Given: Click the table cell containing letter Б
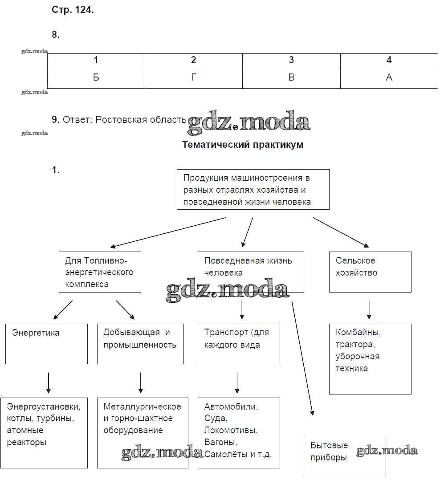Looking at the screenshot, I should click(96, 77).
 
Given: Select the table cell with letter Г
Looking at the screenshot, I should click(193, 77).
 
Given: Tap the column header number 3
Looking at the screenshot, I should click(291, 61).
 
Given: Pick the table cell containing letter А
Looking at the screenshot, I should click(389, 77).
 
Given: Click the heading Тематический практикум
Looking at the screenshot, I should click(243, 145).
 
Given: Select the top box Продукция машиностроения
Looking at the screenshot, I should click(253, 190).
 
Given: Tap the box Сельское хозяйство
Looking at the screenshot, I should click(370, 272).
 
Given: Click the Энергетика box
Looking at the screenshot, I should click(46, 344).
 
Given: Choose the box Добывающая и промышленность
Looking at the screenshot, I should click(140, 344).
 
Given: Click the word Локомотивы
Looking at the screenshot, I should click(231, 431).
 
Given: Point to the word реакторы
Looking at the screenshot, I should click(27, 443).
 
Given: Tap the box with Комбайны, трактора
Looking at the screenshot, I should click(370, 359).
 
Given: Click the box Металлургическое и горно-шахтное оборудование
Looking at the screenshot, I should click(143, 432).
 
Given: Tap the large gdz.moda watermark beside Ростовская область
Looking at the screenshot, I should click(248, 122).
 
